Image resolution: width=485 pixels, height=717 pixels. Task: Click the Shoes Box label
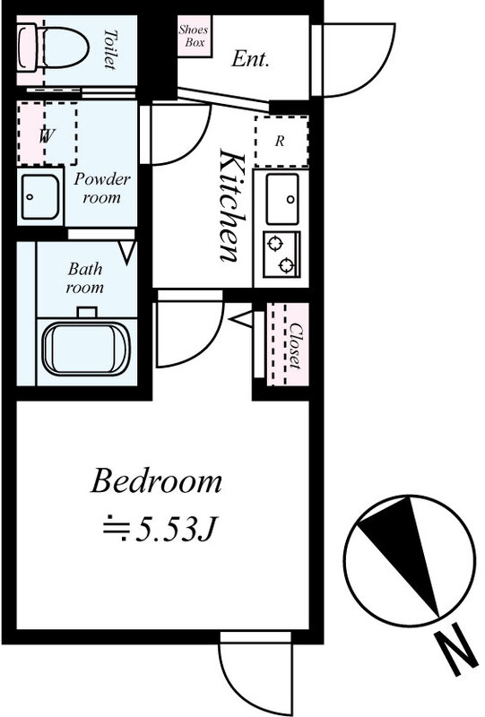193,36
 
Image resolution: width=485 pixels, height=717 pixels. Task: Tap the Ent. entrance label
250,59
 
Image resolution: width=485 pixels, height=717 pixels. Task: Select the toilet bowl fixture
53,48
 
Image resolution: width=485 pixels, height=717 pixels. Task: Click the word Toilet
108,49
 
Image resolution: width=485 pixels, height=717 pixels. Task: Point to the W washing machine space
48,134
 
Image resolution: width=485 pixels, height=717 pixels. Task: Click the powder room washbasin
40,196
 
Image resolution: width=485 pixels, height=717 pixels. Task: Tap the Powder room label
101,188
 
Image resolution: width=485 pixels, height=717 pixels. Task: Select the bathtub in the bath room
86,348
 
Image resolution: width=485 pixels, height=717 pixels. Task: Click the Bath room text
85,278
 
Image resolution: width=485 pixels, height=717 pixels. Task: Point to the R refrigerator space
281,142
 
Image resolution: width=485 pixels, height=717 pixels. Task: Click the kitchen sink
282,199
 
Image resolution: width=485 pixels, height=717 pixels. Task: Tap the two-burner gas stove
281,255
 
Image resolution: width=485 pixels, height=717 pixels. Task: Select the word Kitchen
233,206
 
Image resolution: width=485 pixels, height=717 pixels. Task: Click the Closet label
296,346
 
